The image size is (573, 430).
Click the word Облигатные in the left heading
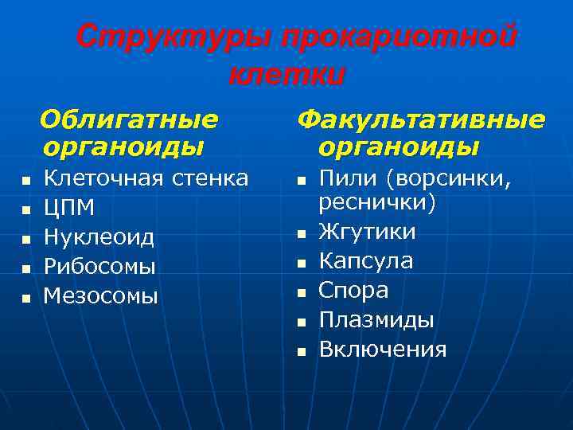coord(130,119)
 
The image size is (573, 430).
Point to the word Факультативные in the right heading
coord(421,119)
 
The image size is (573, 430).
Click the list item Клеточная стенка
coord(146,178)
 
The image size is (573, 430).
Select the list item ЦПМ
coord(69,208)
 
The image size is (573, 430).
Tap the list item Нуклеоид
coord(99,237)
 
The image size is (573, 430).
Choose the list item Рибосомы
coord(99,267)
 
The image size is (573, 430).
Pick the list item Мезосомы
coord(101,296)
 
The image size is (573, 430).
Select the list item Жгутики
coord(367,232)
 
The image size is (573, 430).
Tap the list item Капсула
coord(366,261)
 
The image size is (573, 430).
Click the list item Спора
coord(354,291)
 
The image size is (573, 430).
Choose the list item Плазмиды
coord(376,320)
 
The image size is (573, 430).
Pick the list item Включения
coord(383,350)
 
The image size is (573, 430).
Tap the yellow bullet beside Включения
coord(301,351)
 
